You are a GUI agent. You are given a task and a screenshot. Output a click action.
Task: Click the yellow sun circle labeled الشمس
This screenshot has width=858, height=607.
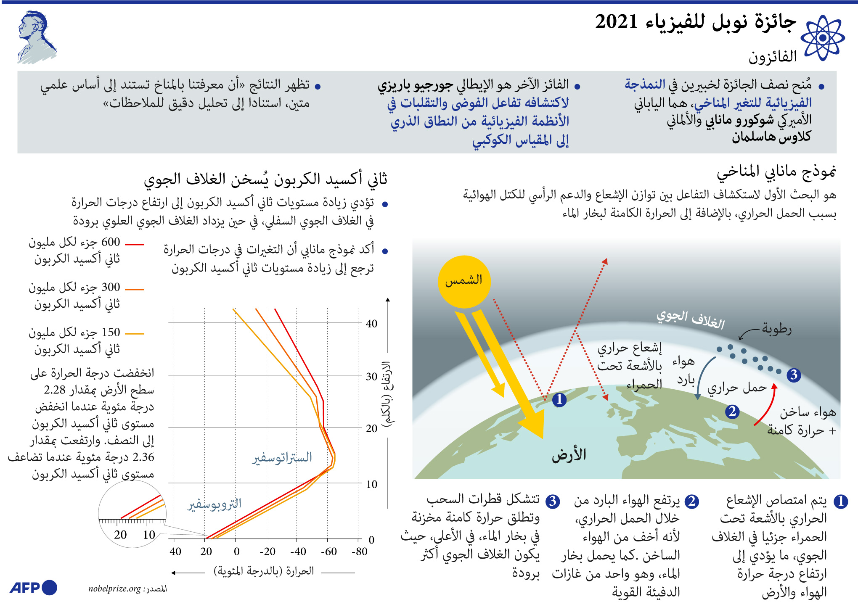click(464, 282)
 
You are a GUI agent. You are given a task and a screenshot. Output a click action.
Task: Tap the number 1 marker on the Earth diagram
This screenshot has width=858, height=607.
click(559, 399)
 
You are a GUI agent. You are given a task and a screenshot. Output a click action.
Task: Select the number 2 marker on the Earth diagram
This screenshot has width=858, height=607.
click(732, 412)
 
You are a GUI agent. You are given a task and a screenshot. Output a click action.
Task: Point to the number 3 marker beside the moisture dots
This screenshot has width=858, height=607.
click(793, 375)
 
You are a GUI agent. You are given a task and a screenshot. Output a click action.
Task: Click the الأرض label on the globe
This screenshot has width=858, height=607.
click(569, 455)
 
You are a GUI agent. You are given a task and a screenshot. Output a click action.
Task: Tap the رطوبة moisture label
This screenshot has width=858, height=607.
click(776, 329)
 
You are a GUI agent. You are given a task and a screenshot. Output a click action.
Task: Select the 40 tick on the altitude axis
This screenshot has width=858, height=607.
click(371, 324)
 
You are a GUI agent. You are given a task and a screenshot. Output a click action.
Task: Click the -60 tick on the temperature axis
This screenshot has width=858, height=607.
click(328, 552)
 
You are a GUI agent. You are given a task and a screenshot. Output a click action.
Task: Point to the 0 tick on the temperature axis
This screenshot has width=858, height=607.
click(236, 552)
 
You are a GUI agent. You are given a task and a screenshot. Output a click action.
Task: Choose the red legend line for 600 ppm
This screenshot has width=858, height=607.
click(135, 244)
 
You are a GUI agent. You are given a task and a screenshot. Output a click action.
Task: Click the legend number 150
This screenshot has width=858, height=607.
click(111, 333)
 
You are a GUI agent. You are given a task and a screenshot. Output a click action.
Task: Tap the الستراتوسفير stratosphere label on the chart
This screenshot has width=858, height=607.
click(282, 457)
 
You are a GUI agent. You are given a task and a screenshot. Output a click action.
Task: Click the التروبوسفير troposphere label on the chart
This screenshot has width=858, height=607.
click(214, 504)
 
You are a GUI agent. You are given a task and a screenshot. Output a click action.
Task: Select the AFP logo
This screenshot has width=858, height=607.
click(33, 588)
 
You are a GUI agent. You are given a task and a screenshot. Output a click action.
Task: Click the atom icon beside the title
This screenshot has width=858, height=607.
click(822, 38)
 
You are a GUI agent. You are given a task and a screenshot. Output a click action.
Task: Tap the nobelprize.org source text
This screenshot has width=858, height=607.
click(114, 589)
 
